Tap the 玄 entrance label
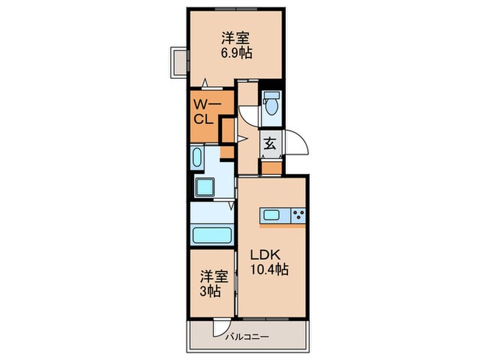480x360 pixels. pos(271,144)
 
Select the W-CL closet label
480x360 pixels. pos(204,111)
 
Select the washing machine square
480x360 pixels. pos(205,187)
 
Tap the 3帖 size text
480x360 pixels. pos(210,291)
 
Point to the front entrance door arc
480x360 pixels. pos(296,144)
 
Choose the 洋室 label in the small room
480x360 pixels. pos(213,276)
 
